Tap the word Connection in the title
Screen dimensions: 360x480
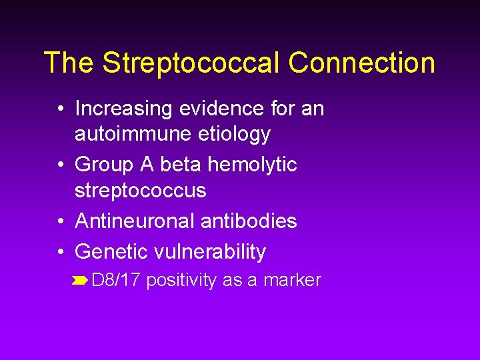(x=362, y=63)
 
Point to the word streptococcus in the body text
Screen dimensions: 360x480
(x=141, y=191)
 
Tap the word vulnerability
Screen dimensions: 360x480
(x=210, y=251)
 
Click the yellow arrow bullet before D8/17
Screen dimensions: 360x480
(x=81, y=281)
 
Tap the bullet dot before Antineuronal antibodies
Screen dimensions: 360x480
(x=61, y=221)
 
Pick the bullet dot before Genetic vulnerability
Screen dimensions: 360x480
(x=61, y=252)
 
